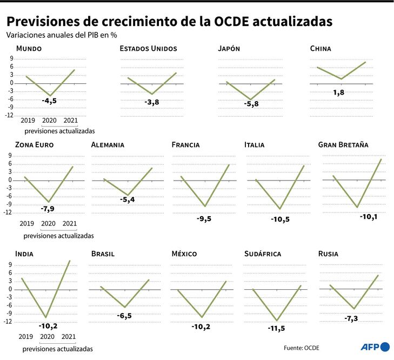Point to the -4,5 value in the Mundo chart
tap(49, 101)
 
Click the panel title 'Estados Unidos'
tap(148, 49)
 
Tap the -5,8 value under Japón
tap(251, 104)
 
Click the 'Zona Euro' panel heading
tap(34, 145)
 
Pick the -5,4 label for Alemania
tap(127, 200)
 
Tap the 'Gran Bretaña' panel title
tap(343, 145)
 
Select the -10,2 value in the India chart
tap(48, 326)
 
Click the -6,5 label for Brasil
tap(125, 315)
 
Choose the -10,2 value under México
tap(202, 326)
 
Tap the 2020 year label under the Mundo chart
tap(49, 121)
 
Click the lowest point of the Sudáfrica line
tap(277, 321)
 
